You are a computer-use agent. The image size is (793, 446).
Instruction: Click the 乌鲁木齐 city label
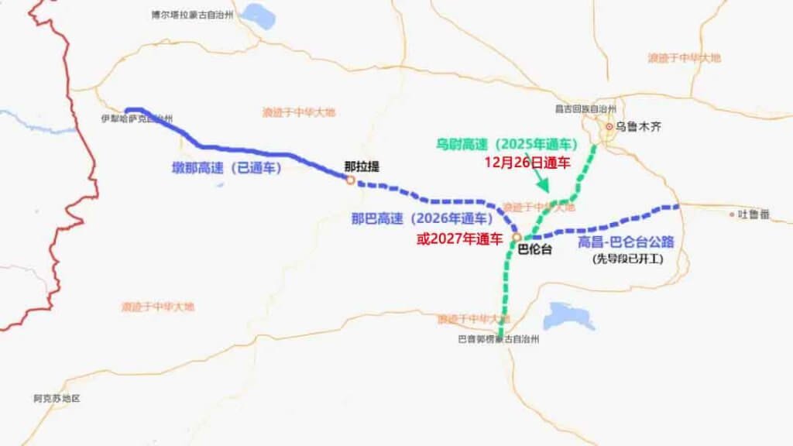640,126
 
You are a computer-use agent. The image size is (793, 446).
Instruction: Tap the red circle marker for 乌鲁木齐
610,126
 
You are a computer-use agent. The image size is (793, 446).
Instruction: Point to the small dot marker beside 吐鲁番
732,214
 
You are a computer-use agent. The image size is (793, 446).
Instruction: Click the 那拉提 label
362,166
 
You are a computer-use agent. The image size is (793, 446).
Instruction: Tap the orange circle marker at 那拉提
350,180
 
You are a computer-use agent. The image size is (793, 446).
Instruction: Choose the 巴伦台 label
534,249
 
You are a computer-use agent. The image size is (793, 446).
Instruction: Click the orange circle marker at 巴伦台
517,238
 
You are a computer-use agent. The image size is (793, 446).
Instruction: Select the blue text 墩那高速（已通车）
226,167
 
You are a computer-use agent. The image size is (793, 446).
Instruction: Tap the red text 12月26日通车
527,163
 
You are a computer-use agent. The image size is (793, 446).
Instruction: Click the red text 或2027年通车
459,238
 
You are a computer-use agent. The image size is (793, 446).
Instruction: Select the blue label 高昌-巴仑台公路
626,242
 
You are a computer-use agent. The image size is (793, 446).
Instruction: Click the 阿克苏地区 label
57,398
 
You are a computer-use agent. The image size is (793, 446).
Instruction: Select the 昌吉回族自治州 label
585,109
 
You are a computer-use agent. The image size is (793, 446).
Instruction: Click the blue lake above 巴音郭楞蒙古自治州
569,316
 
